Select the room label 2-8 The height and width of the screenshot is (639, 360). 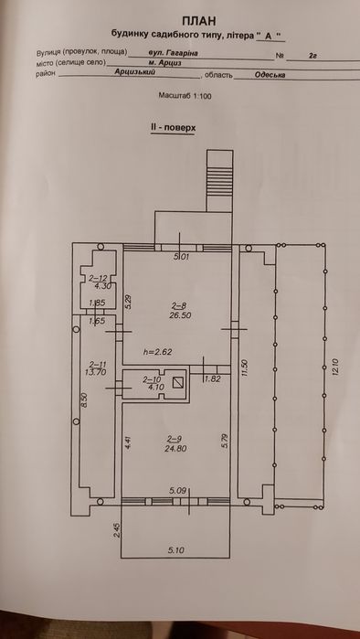click(x=178, y=305)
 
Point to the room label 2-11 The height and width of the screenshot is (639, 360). click(x=98, y=365)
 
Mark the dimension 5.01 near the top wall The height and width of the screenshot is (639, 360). click(x=182, y=256)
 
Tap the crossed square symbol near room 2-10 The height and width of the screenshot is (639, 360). click(x=179, y=384)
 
